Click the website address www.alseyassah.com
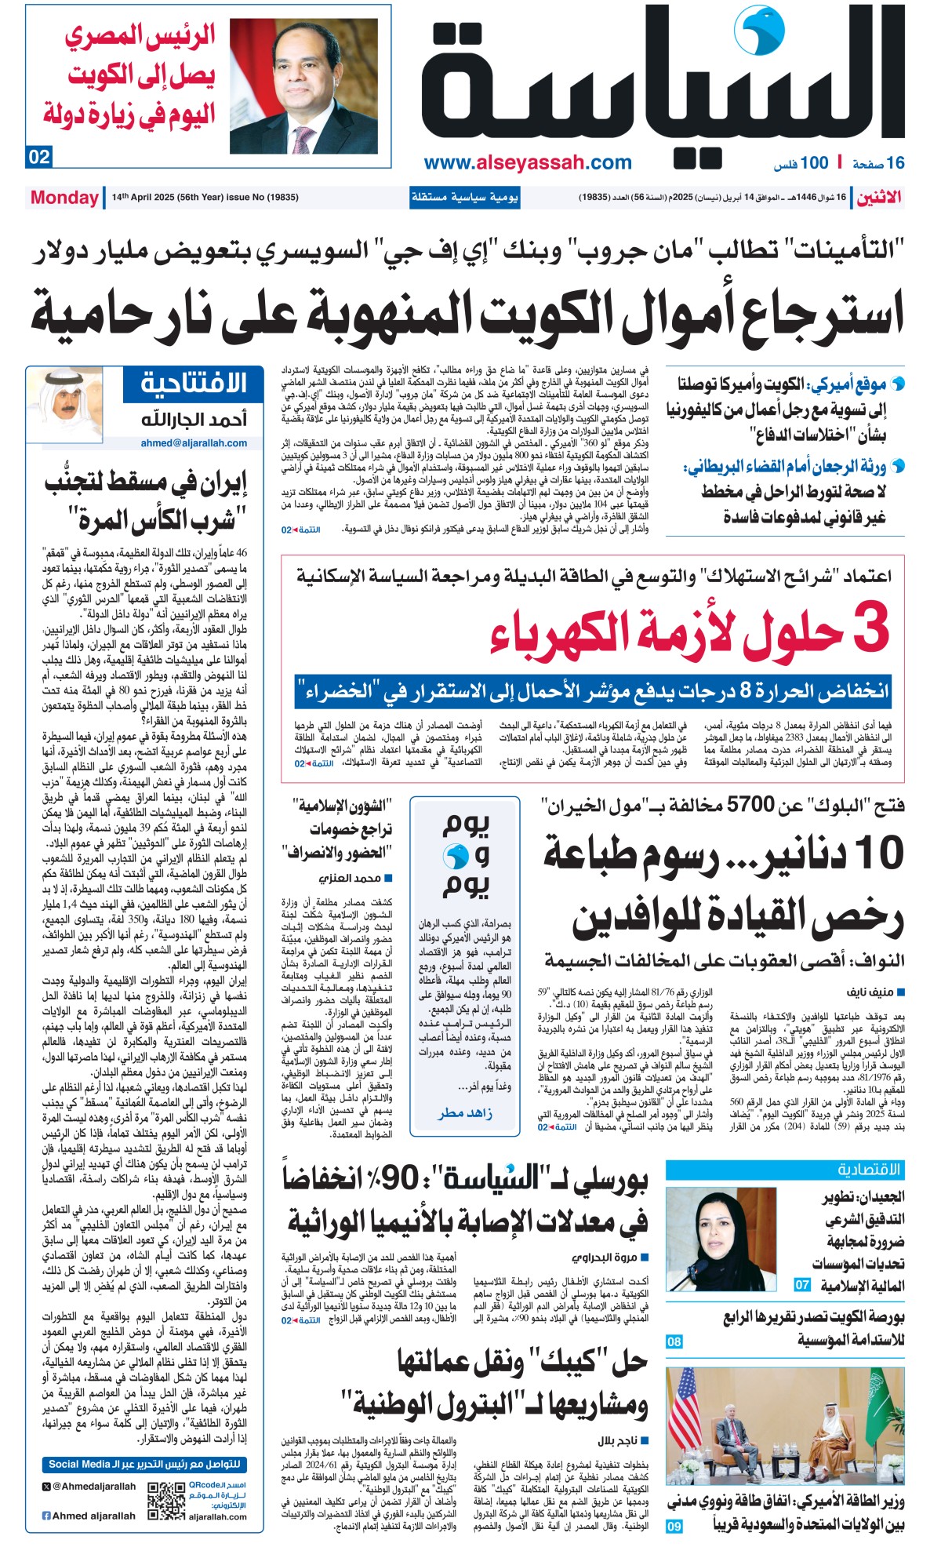coord(528,163)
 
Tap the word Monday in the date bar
coord(64,198)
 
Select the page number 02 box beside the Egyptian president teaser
coord(39,157)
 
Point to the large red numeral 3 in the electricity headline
coord(870,630)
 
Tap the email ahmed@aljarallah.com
coord(194,443)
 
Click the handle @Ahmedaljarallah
coord(93,1486)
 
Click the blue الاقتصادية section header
coord(784,1170)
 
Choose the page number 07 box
coord(801,1285)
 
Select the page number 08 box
coord(674,1341)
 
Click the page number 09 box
coord(674,1526)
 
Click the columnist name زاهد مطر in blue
coord(466,1113)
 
